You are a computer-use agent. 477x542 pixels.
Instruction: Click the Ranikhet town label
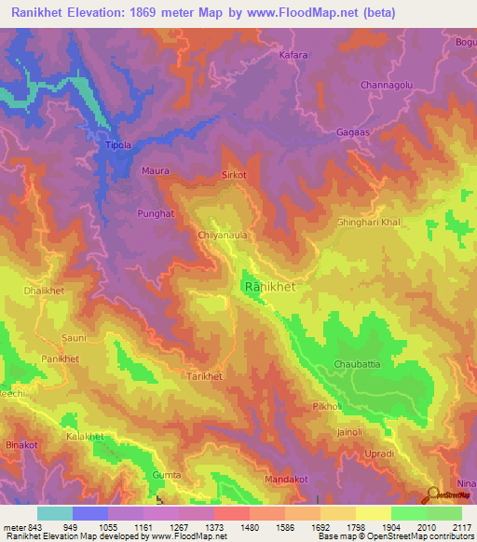click(269, 288)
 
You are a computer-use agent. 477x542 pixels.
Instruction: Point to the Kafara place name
click(293, 56)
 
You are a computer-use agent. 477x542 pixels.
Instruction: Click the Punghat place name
click(156, 213)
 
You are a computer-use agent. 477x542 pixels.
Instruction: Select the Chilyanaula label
click(223, 236)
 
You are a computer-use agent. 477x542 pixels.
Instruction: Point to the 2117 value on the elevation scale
click(462, 527)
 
